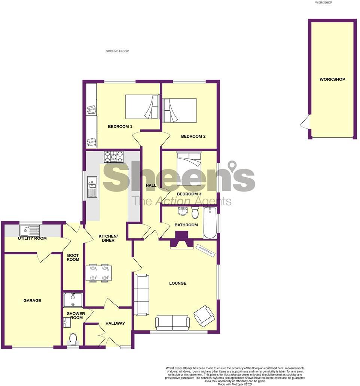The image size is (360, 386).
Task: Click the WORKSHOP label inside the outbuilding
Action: click(x=332, y=79)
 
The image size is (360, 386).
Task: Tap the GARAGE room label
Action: click(x=32, y=300)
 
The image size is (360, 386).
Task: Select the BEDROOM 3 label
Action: click(x=189, y=194)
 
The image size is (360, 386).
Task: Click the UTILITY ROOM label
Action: click(x=33, y=238)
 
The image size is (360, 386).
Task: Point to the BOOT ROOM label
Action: click(x=73, y=257)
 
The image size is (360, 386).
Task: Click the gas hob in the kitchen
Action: click(x=113, y=157)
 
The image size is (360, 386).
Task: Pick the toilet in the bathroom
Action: click(x=195, y=213)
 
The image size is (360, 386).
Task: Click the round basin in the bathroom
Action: click(x=183, y=211)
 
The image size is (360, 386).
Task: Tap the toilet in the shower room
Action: click(x=73, y=340)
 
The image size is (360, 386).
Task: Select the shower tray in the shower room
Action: click(x=73, y=300)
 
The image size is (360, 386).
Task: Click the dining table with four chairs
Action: click(x=99, y=273)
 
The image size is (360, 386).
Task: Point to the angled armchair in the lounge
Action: click(x=204, y=315)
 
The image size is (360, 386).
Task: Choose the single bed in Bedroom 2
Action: click(x=180, y=110)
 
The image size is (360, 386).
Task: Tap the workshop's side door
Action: click(x=306, y=122)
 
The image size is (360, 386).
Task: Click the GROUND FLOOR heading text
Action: click(x=117, y=51)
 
